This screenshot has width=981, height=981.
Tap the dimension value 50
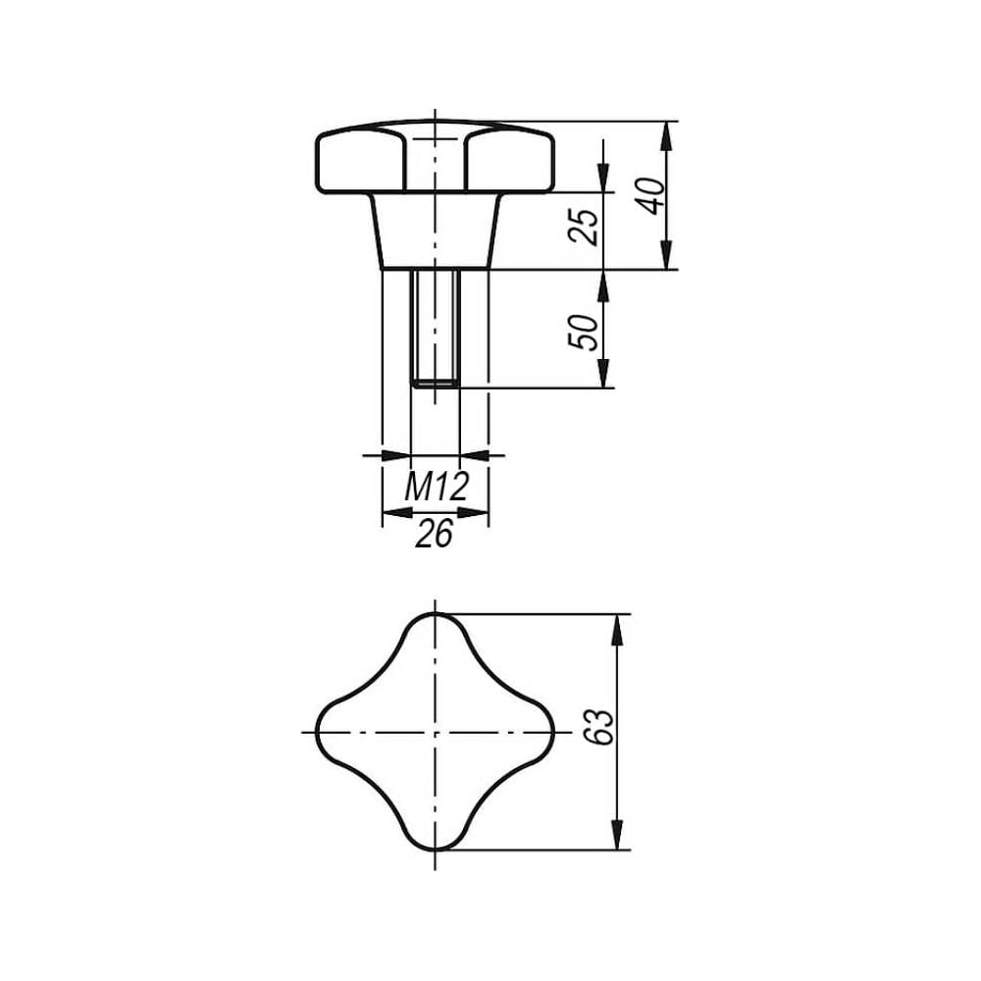pyautogui.click(x=583, y=332)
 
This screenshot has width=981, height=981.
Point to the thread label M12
pyautogui.click(x=437, y=487)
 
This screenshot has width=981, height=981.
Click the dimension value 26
pyautogui.click(x=434, y=534)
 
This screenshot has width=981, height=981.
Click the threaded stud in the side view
pyautogui.click(x=436, y=329)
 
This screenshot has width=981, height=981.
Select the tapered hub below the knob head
pyautogui.click(x=436, y=231)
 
